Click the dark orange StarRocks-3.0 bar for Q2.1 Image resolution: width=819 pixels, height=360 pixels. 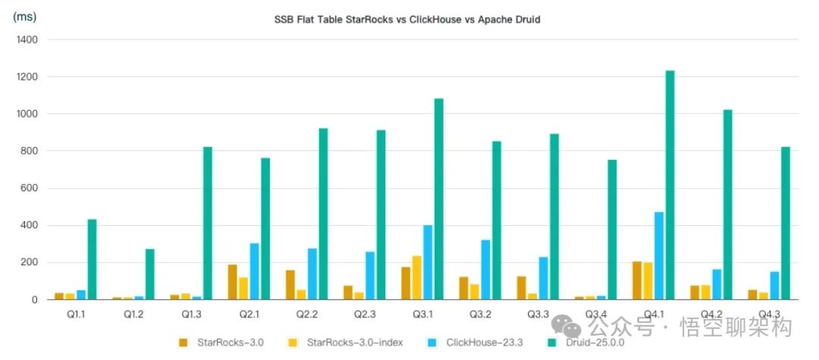(233, 282)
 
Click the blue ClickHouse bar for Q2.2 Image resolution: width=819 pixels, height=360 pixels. (312, 274)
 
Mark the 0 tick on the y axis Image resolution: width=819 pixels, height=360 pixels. (35, 299)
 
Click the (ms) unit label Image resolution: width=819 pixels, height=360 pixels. (27, 17)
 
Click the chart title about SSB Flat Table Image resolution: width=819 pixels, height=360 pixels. (407, 20)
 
